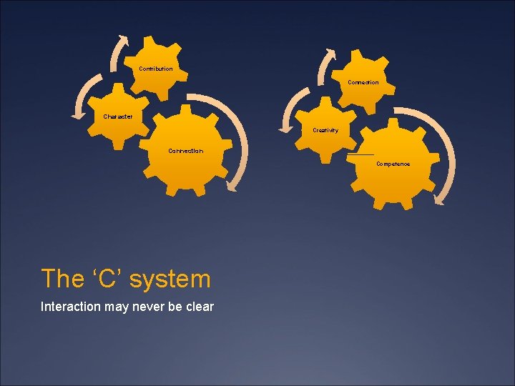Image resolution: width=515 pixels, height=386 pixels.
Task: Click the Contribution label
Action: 155,69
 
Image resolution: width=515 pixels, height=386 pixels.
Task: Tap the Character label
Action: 117,117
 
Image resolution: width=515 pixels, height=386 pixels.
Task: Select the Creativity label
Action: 325,130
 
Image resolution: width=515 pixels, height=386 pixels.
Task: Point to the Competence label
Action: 393,164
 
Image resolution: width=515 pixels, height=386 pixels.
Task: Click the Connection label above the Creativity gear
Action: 363,82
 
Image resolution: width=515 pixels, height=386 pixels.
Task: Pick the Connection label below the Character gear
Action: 185,151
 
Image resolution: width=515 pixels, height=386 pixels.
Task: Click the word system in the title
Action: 175,278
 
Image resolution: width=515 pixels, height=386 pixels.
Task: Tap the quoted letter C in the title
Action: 107,278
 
